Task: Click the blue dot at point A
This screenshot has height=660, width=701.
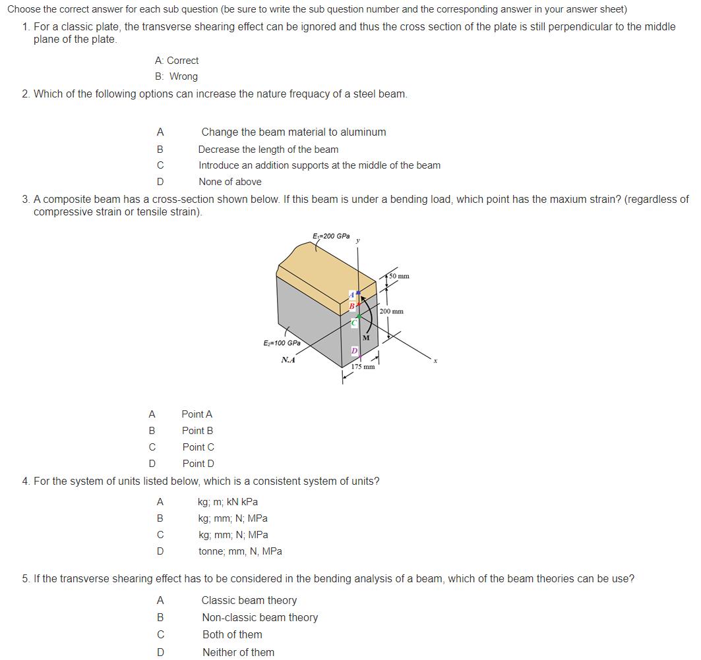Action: pos(358,292)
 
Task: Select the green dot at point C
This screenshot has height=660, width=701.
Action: pos(358,317)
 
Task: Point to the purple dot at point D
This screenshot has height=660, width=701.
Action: pos(357,353)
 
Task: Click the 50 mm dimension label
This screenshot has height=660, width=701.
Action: pos(399,276)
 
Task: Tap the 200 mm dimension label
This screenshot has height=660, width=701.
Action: pos(392,311)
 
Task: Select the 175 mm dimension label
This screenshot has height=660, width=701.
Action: pos(363,366)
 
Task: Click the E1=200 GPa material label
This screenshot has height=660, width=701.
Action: pos(331,236)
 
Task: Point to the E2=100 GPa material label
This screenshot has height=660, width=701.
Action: pos(282,343)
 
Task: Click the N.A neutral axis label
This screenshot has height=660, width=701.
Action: pos(288,360)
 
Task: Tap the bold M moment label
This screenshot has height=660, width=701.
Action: pos(365,339)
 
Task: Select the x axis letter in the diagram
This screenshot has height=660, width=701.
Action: pos(435,360)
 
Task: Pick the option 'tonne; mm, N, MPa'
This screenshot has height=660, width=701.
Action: pos(240,551)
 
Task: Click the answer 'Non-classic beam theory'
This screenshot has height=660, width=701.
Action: pos(260,618)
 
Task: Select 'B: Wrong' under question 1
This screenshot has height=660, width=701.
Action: pos(176,76)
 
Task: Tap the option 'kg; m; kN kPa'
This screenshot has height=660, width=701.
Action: pos(228,502)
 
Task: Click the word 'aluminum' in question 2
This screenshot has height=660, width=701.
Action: pos(365,132)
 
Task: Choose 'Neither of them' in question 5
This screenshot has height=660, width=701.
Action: pos(238,652)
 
